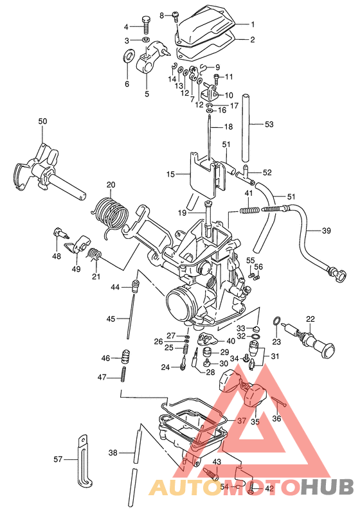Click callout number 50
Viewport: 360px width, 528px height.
pos(42,121)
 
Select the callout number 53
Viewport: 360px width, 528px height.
pos(269,124)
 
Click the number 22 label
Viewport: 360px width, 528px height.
pos(310,319)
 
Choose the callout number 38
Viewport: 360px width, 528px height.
pos(113,453)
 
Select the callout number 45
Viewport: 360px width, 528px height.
pos(111,319)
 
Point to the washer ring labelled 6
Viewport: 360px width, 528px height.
pos(127,58)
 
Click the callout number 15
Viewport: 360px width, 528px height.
pos(170,175)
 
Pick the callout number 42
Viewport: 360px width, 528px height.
pos(269,489)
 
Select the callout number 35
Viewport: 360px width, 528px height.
pos(255,423)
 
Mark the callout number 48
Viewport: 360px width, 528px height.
pos(57,256)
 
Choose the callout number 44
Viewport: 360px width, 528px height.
pos(115,286)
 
